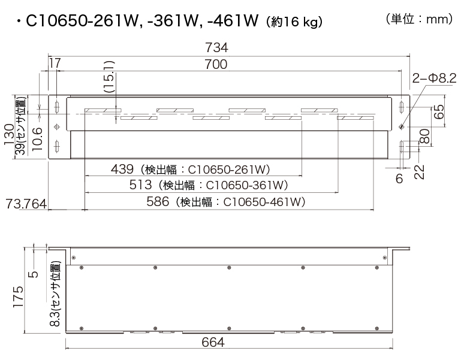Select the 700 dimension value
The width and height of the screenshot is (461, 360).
click(x=216, y=65)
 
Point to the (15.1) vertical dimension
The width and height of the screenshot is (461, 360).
click(x=109, y=76)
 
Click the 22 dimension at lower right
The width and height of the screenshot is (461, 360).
click(x=419, y=171)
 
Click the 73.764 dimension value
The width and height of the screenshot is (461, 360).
click(x=26, y=204)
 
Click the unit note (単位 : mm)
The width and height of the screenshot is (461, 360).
click(x=418, y=20)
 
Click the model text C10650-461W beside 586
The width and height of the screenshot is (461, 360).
click(x=264, y=202)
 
